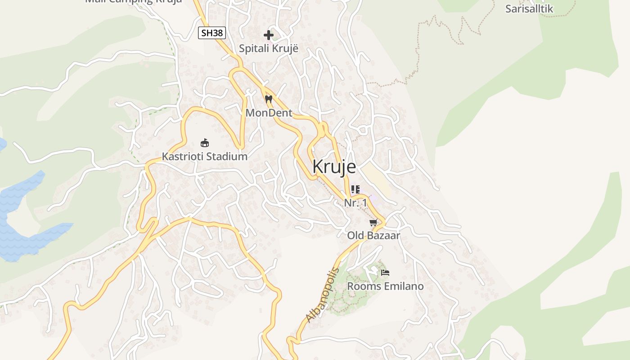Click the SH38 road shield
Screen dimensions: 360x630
[x=211, y=33]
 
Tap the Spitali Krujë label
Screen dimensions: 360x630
[x=268, y=48]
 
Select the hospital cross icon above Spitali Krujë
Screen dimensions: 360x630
[x=269, y=35]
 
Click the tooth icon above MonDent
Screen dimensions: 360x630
[x=269, y=99]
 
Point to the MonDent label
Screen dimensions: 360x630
[x=269, y=113]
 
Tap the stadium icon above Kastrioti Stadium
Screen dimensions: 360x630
[x=205, y=143]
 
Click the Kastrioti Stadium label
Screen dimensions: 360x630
[x=205, y=157]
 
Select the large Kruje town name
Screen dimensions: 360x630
[x=334, y=166]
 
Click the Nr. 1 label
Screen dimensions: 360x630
[x=355, y=203]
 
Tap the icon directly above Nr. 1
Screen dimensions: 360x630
[x=355, y=189]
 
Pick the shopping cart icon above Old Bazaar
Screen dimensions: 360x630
[x=373, y=222]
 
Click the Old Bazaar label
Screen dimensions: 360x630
[x=373, y=235]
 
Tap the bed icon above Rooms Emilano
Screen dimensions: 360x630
[x=385, y=272]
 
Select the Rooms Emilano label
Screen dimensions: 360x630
[x=385, y=286]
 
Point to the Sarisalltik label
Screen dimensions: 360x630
[x=529, y=9]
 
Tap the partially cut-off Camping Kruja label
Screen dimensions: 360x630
[x=134, y=1]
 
